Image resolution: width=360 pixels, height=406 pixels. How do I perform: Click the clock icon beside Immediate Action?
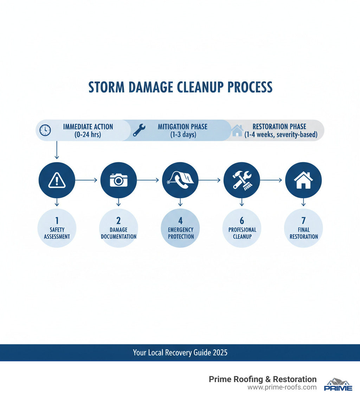pos(45,130)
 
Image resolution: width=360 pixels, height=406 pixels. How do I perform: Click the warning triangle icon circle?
pos(57,180)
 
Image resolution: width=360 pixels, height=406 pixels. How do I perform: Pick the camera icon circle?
pos(118,180)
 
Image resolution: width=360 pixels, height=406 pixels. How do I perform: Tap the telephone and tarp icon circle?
pos(180,180)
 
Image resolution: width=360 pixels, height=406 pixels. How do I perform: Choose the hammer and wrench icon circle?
pos(242,180)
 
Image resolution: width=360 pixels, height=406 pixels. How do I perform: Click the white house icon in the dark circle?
pos(303,180)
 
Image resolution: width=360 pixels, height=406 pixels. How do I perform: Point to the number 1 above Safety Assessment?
pos(57,221)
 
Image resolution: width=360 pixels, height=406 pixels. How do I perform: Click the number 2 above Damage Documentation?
pos(118,221)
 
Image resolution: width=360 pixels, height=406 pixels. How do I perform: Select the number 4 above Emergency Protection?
pos(180,221)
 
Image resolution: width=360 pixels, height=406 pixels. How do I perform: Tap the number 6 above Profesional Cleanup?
pos(242,221)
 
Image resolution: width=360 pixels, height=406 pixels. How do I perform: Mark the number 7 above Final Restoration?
pos(303,221)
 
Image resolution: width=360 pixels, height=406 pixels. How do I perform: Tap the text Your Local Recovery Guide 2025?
pos(180,353)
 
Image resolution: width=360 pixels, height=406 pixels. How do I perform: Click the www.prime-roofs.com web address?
pos(282,387)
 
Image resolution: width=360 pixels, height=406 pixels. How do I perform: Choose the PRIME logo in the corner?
pos(338,385)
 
